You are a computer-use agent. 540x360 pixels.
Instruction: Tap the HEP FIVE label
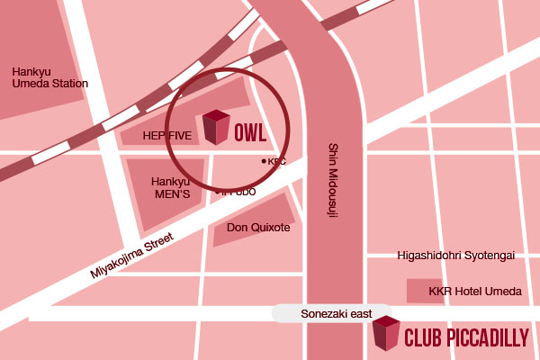[x=167, y=134]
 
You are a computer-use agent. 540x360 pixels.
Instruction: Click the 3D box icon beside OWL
[x=216, y=127]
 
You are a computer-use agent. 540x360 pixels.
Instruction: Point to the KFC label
[x=276, y=162]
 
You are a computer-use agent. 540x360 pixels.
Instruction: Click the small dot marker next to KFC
[x=263, y=161]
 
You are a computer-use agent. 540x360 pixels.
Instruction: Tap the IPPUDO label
[x=239, y=192]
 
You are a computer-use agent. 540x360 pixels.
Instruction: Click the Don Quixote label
[x=258, y=228]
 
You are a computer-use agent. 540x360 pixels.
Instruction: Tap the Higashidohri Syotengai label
[x=456, y=256]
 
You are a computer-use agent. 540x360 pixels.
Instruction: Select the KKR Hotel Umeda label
[x=476, y=292]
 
